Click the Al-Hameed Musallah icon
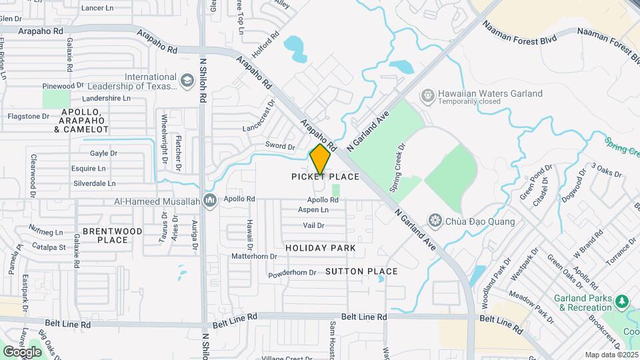(211, 200)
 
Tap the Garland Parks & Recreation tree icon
(622, 302)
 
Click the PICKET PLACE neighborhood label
(325, 177)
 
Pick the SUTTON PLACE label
(361, 271)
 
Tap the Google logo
(22, 351)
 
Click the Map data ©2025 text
(610, 355)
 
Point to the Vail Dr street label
(313, 225)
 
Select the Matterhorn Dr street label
(254, 256)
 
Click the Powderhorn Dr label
(292, 273)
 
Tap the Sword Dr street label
(281, 147)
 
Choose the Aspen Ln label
(314, 209)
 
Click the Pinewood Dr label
(63, 86)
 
